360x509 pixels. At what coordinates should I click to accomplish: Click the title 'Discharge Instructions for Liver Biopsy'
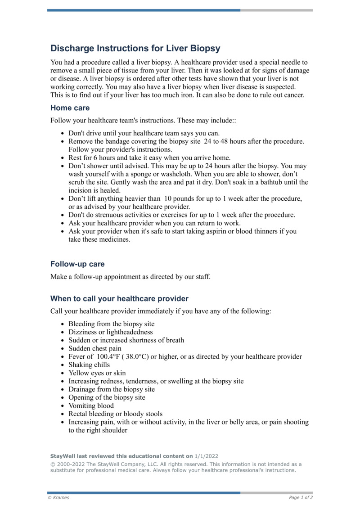pyautogui.click(x=135, y=49)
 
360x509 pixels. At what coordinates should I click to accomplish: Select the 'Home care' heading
pyautogui.click(x=70, y=108)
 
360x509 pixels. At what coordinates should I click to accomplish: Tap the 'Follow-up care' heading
pyautogui.click(x=77, y=264)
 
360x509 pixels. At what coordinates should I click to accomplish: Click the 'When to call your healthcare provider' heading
pyautogui.click(x=119, y=298)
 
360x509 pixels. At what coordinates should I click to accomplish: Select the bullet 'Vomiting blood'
pyautogui.click(x=91, y=405)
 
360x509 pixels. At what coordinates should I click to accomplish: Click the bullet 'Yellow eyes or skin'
pyautogui.click(x=97, y=373)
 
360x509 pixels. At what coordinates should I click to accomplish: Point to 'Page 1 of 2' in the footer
pyautogui.click(x=301, y=497)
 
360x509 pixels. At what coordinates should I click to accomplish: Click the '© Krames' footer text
pyautogui.click(x=58, y=497)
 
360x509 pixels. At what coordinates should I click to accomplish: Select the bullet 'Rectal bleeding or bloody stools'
pyautogui.click(x=115, y=414)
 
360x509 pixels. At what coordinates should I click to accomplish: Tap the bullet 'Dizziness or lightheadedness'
pyautogui.click(x=110, y=332)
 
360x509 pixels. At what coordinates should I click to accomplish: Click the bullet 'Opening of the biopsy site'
pyautogui.click(x=107, y=397)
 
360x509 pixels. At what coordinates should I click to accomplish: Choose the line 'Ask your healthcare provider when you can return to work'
pyautogui.click(x=154, y=223)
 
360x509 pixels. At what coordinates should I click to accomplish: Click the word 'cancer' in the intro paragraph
pyautogui.click(x=293, y=95)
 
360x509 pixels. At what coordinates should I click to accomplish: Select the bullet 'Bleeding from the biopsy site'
pyautogui.click(x=111, y=324)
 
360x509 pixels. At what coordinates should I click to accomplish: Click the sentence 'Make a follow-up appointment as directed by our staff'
pyautogui.click(x=130, y=277)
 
